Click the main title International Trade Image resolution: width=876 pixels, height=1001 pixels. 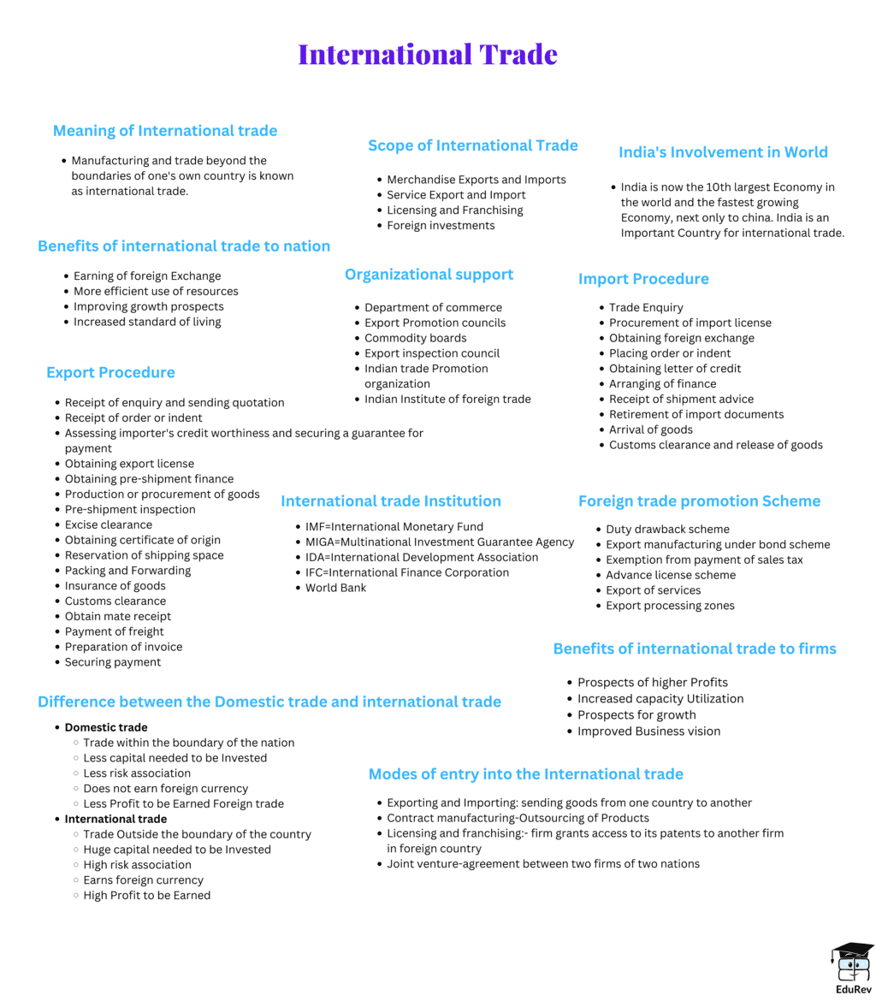point(428,55)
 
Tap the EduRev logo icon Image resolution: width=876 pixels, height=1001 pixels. point(852,963)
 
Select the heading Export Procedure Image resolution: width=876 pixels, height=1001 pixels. point(110,372)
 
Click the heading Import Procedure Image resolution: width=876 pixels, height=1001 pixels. point(643,279)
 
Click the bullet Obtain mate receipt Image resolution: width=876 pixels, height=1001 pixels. point(118,616)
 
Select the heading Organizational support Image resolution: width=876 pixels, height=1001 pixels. point(429,275)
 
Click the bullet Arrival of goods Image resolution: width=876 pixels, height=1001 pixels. point(651,429)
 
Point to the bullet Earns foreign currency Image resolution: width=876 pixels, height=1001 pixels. point(144,880)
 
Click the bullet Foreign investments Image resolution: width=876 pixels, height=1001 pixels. point(441,226)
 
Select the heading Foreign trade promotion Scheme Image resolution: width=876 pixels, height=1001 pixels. point(699,501)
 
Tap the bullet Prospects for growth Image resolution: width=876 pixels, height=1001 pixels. point(636,715)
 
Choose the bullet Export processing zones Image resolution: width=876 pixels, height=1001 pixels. point(670,606)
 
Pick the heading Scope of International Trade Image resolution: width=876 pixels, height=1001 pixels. point(472,145)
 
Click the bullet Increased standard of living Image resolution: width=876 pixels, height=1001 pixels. point(147,322)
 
